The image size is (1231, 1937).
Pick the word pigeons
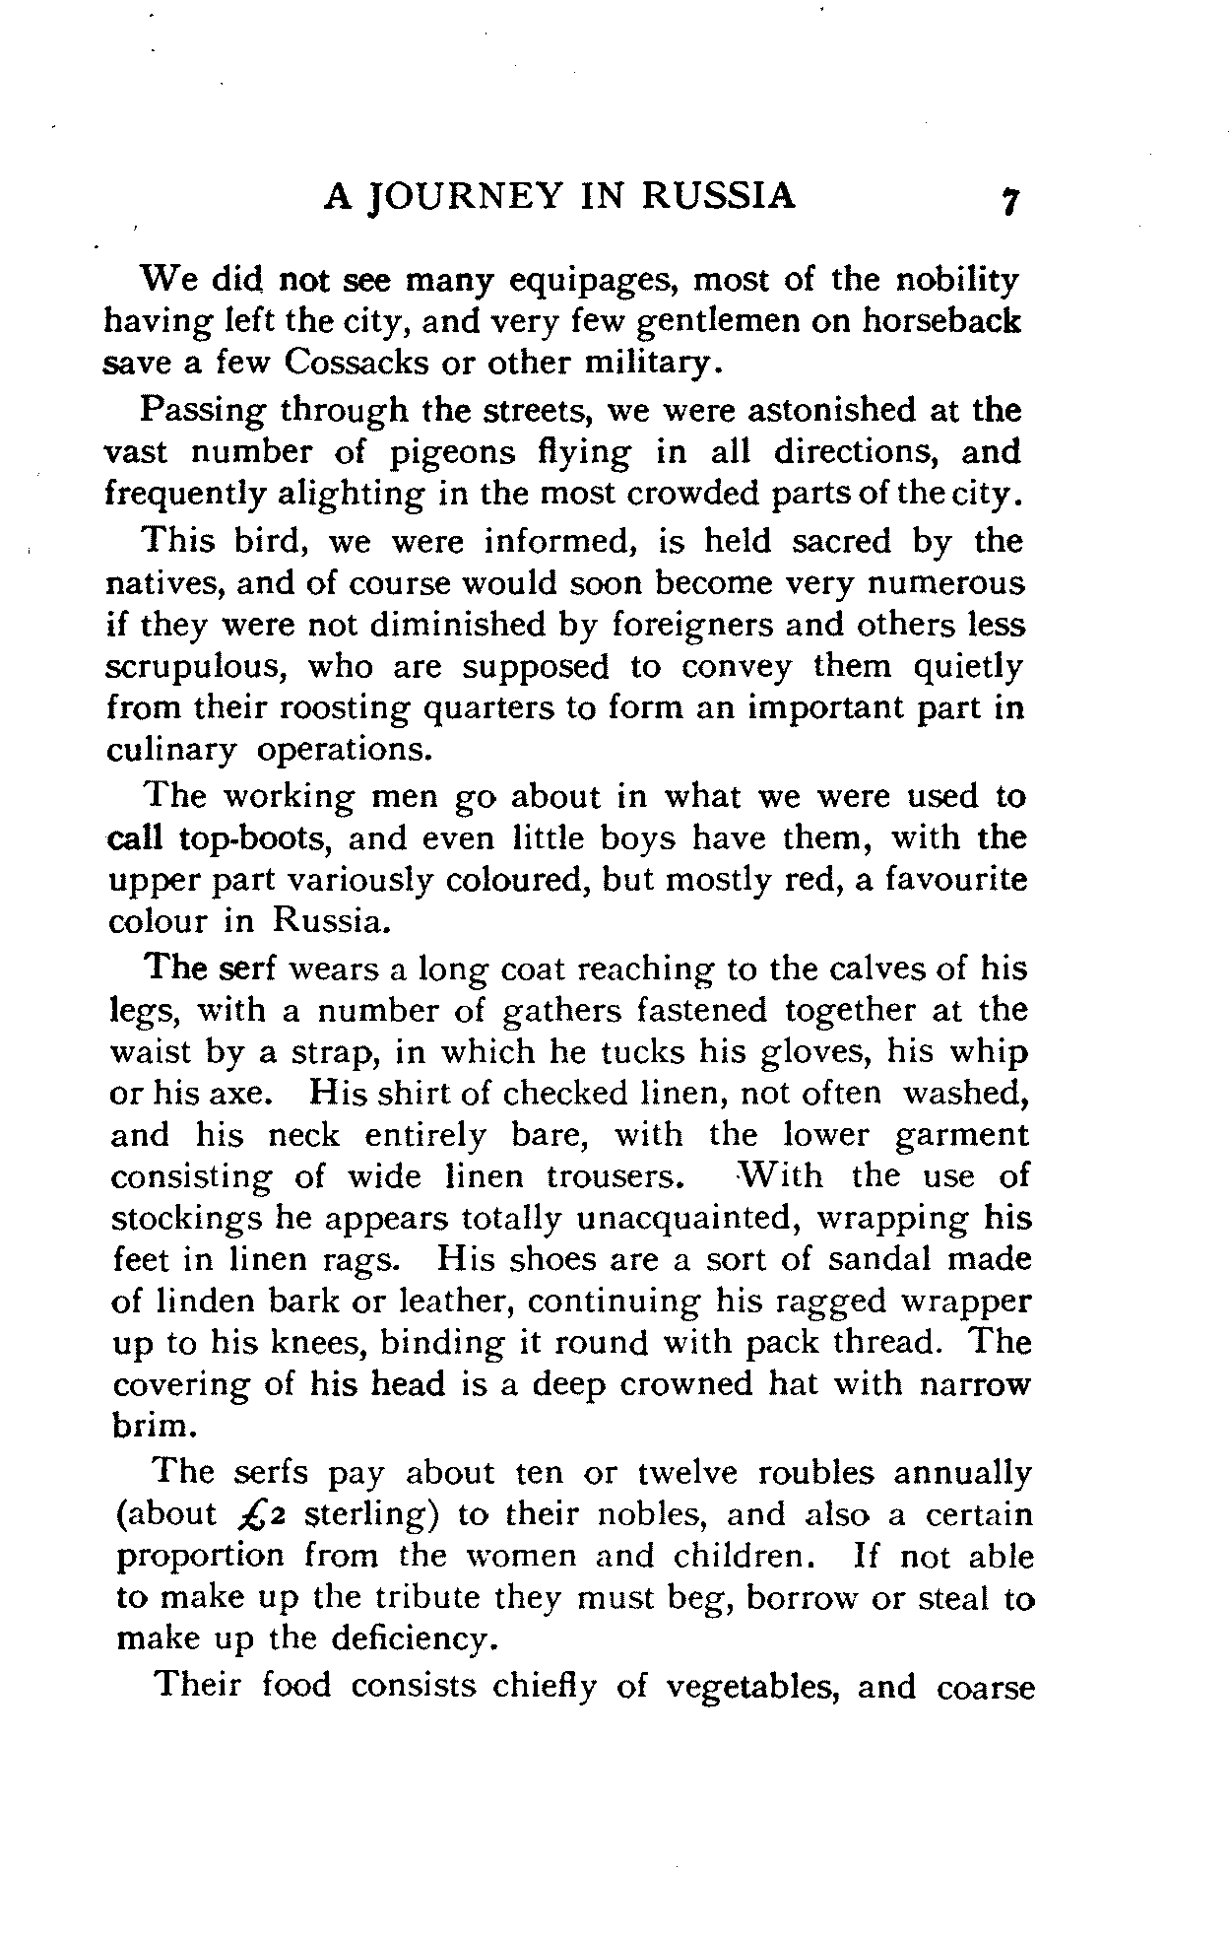pyautogui.click(x=452, y=452)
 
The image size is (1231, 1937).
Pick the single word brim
pyautogui.click(x=149, y=1426)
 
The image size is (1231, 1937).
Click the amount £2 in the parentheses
pyautogui.click(x=256, y=1515)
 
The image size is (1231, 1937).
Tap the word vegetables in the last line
pyautogui.click(x=752, y=1687)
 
